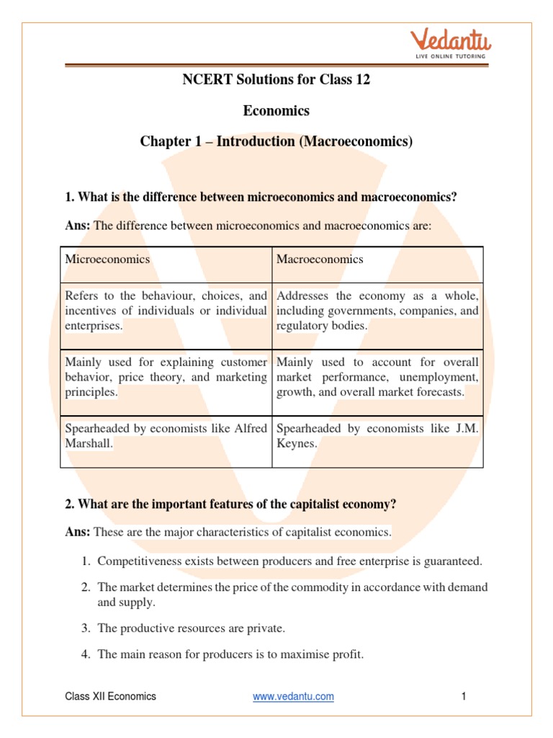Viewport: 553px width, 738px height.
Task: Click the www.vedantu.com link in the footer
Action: click(293, 696)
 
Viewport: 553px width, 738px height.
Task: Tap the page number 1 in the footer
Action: click(464, 696)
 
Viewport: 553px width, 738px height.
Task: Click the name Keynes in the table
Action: click(296, 444)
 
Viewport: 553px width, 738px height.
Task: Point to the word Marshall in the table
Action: click(89, 444)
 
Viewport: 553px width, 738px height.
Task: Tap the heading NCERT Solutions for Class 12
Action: click(276, 80)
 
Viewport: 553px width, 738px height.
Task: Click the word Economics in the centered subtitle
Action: click(276, 111)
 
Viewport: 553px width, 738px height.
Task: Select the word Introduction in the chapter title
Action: click(256, 141)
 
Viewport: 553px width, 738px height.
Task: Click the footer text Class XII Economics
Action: click(110, 696)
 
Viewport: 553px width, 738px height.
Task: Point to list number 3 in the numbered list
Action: click(85, 628)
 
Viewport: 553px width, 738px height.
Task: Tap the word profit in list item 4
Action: click(348, 655)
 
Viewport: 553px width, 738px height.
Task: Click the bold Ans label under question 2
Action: click(77, 533)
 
